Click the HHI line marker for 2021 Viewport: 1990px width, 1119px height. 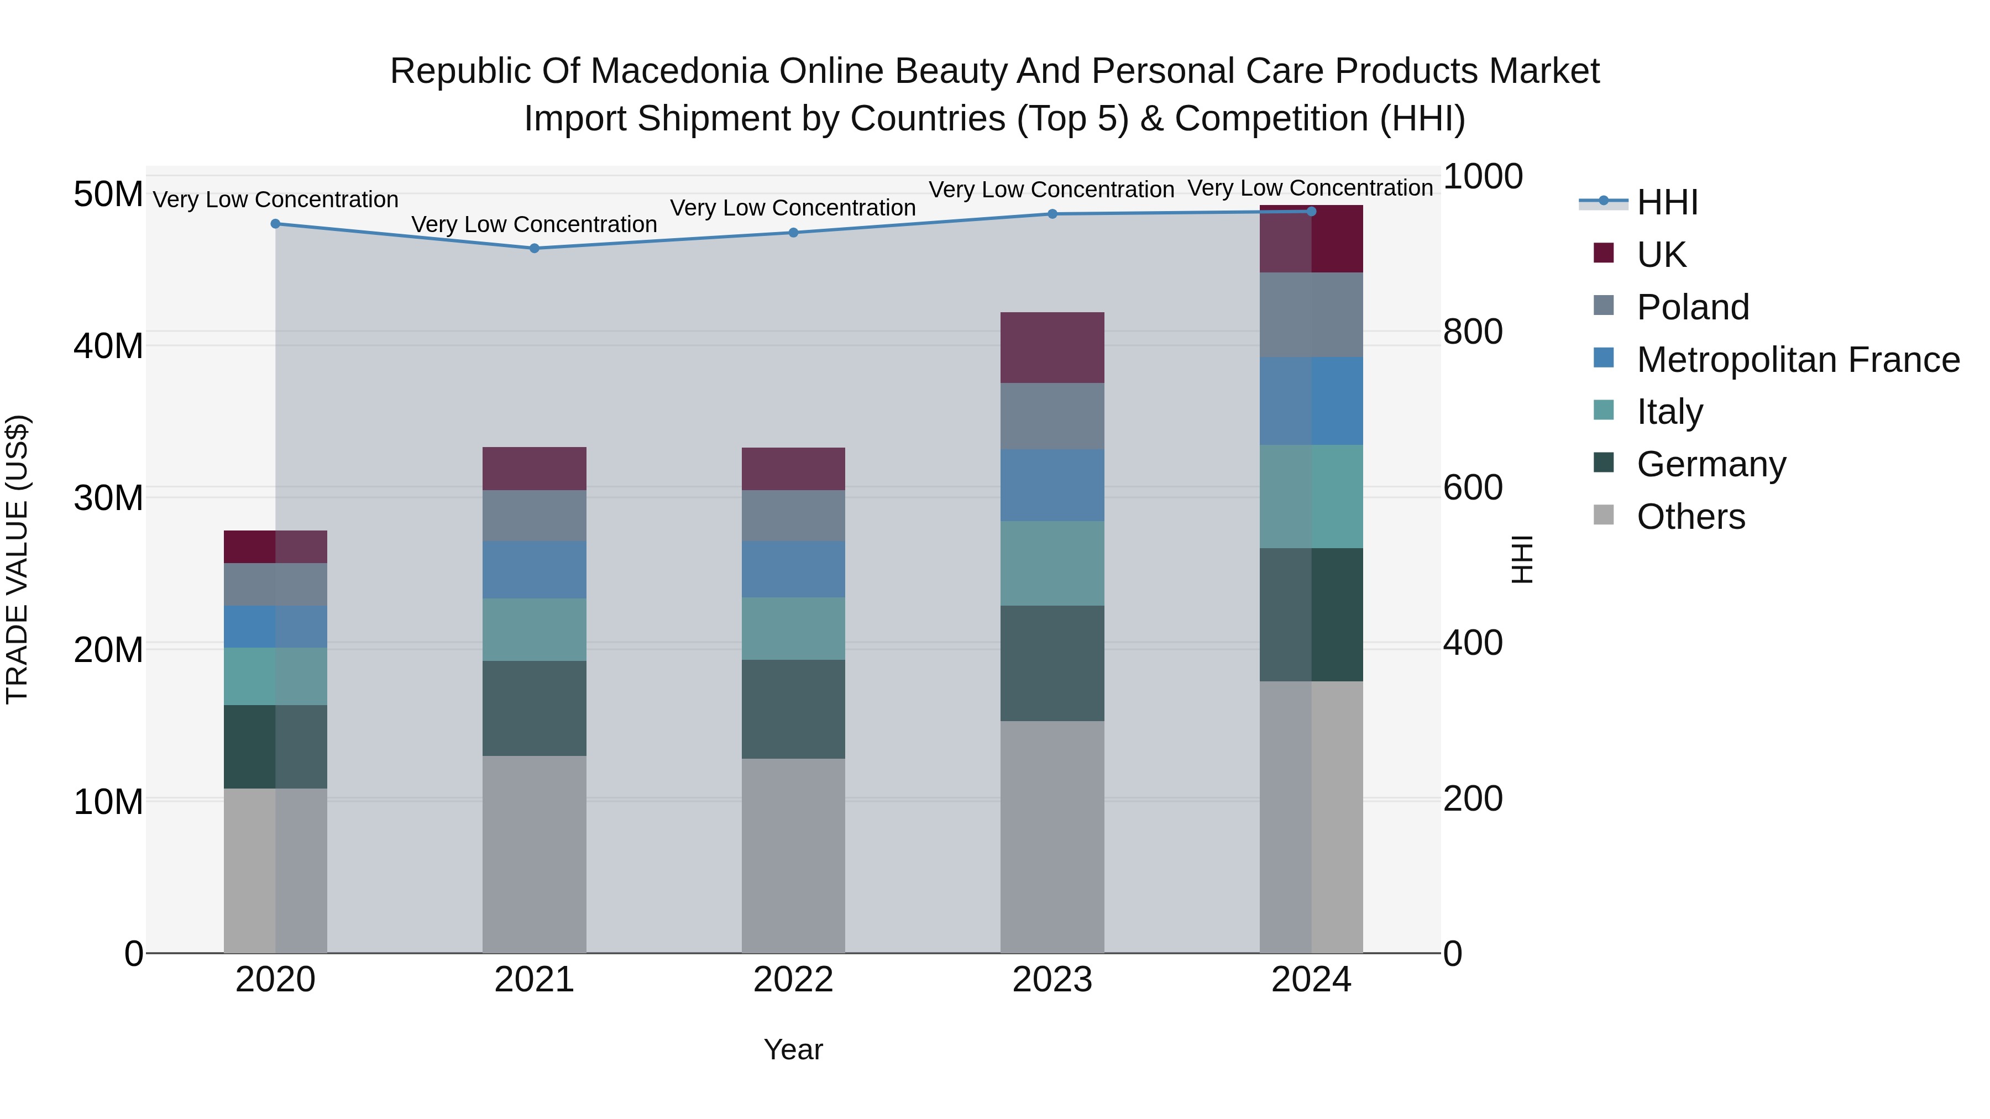click(x=534, y=248)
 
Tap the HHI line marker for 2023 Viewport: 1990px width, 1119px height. click(x=1052, y=214)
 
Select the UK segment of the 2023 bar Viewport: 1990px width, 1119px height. click(x=1052, y=348)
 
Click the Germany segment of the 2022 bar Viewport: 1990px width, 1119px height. click(x=793, y=709)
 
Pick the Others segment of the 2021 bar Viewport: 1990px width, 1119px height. click(x=534, y=853)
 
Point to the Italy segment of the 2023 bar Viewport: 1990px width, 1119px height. click(x=1052, y=563)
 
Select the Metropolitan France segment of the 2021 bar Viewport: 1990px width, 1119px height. click(x=534, y=569)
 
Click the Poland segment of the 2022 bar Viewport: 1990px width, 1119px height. click(x=793, y=515)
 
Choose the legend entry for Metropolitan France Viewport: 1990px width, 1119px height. click(x=1798, y=360)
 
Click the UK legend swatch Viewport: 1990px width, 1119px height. click(x=1604, y=253)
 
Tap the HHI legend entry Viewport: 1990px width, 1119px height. click(x=1667, y=202)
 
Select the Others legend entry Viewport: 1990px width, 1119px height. click(x=1690, y=517)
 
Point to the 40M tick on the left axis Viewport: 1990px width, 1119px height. click(x=108, y=345)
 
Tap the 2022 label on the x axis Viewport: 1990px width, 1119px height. click(x=793, y=980)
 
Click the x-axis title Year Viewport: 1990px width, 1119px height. click(x=793, y=1049)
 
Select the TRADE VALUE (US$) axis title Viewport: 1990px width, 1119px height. click(x=17, y=559)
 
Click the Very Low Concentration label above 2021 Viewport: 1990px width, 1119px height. click(x=534, y=224)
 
